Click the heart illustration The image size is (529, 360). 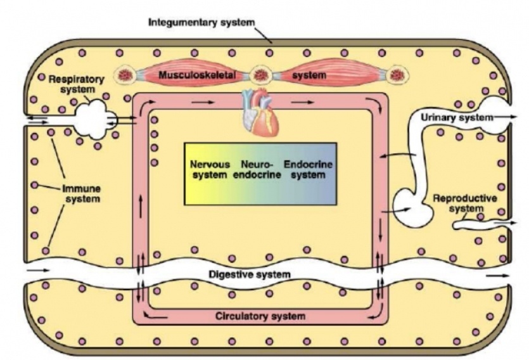click(260, 115)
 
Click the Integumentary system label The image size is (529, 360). click(201, 23)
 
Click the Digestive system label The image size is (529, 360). click(250, 274)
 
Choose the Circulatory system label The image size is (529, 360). click(260, 315)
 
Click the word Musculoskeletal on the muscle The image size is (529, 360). click(197, 75)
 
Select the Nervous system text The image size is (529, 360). click(208, 169)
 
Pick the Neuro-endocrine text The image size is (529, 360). click(257, 169)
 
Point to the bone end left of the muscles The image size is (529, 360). click(125, 75)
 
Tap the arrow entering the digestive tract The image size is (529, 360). click(38, 269)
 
